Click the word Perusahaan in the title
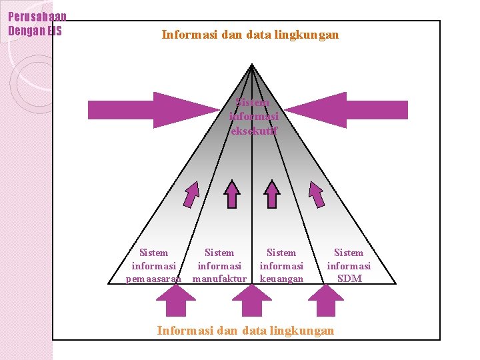pos(37,17)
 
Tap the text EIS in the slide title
pos(54,30)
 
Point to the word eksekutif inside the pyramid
pos(253,130)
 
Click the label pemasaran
pos(153,279)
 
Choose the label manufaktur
pos(219,279)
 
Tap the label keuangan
pos(281,279)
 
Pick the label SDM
pos(349,279)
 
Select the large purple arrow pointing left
pos(347,110)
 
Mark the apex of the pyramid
pos(251,65)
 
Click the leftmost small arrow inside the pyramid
pos(192,195)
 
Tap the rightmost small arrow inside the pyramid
pos(316,195)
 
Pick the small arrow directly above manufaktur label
pos(232,195)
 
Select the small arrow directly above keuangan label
pos(272,195)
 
